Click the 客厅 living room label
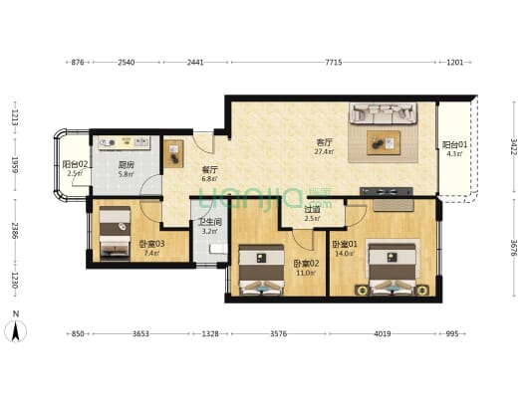coord(324,140)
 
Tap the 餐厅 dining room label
coord(209,169)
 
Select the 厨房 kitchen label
coord(127,165)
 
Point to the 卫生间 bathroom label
coord(209,222)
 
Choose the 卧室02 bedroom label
coord(305,263)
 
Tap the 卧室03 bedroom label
coord(151,244)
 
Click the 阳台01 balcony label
coord(452,144)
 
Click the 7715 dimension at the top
coord(333,62)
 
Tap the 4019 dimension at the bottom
coord(383,333)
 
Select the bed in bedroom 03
coord(114,232)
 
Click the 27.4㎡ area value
coord(324,151)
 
